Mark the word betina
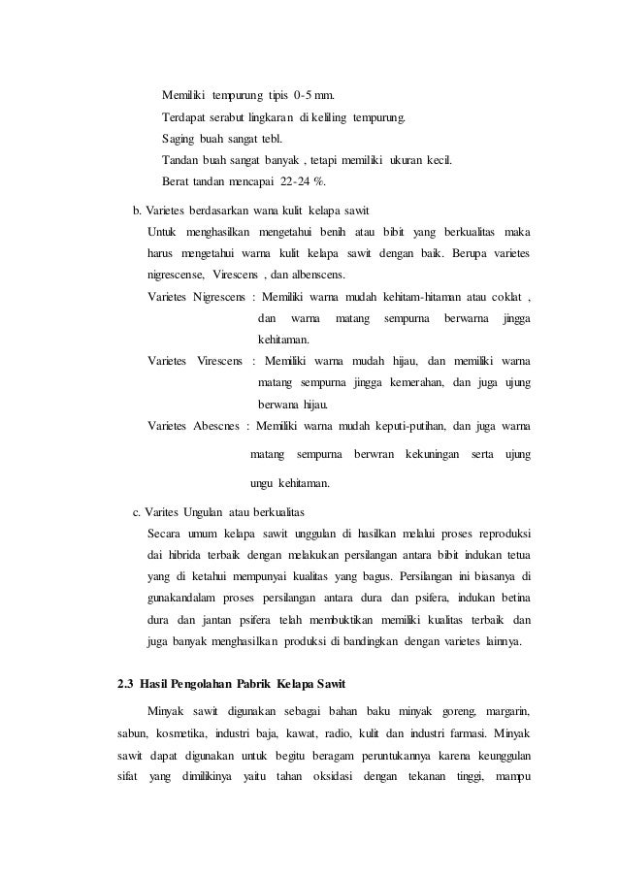click(x=514, y=588)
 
